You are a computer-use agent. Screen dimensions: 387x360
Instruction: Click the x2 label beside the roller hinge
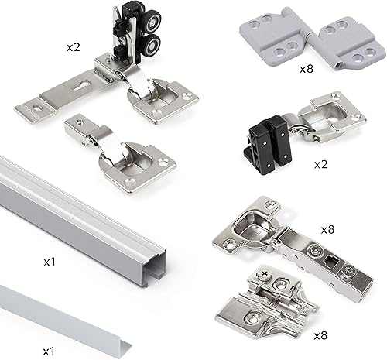click(74, 47)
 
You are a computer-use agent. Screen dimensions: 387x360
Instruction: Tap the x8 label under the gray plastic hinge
click(307, 69)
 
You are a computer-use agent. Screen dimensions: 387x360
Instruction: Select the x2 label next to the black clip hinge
click(320, 164)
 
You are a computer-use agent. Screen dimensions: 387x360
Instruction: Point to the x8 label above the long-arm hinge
click(327, 229)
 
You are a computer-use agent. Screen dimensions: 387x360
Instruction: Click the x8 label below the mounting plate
click(320, 335)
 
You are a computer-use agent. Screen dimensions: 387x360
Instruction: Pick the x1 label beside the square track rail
click(50, 262)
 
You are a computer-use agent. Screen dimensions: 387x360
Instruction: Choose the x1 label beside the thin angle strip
click(49, 351)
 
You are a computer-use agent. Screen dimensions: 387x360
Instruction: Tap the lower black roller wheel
click(151, 46)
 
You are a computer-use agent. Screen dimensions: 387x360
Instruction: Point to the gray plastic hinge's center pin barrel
click(312, 39)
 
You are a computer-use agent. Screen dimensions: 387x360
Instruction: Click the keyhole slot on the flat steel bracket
click(81, 86)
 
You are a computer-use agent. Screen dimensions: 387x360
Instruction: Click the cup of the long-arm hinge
click(254, 222)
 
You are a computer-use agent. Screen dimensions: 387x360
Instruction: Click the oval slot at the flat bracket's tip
click(38, 108)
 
